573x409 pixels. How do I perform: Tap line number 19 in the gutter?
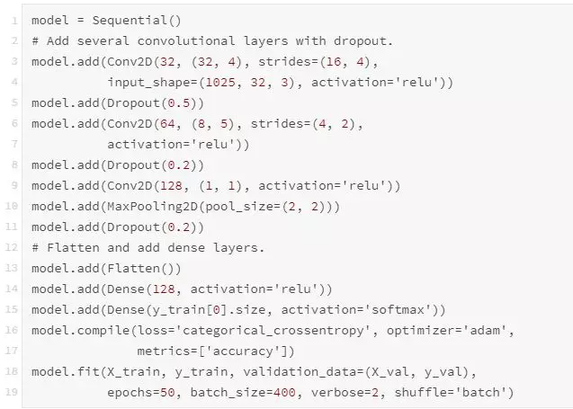coord(14,391)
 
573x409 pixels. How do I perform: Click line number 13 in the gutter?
coord(14,268)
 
